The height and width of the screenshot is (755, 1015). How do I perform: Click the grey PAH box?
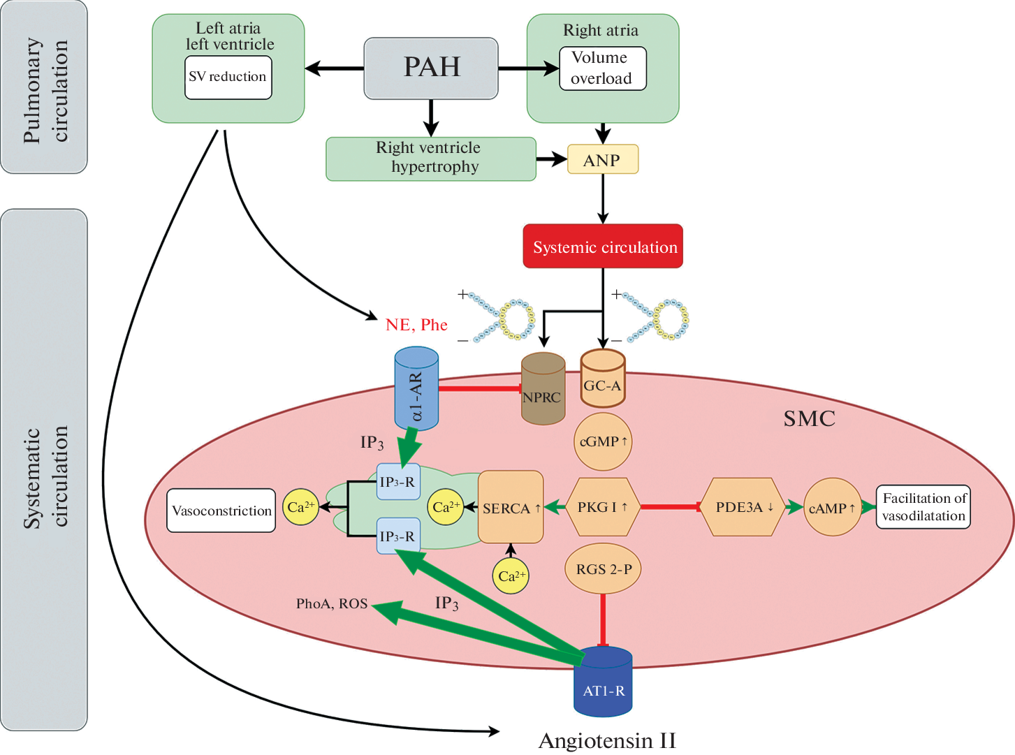(431, 68)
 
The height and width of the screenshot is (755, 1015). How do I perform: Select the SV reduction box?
(228, 78)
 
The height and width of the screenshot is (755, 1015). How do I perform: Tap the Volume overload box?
(602, 68)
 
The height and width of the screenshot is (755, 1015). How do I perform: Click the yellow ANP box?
(602, 160)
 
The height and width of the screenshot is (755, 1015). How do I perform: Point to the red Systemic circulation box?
(603, 247)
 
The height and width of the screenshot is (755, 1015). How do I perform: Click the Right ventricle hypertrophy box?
(430, 159)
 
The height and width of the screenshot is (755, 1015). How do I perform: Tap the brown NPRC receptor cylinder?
(543, 391)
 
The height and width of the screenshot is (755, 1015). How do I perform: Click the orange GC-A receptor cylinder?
(603, 381)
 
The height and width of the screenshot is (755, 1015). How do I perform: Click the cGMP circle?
(603, 441)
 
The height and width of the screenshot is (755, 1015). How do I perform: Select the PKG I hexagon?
(602, 507)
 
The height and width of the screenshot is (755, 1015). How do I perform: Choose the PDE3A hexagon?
(743, 507)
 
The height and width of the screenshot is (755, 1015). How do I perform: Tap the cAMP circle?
(832, 508)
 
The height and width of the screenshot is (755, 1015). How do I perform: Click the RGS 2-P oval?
(603, 569)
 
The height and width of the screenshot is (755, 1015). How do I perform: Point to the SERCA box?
(511, 508)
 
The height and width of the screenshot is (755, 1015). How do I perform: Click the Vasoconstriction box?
(221, 511)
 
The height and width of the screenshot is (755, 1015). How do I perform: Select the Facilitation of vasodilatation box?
(923, 507)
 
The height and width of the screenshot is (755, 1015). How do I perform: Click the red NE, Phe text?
(416, 325)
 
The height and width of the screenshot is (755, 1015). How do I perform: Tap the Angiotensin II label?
(607, 740)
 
